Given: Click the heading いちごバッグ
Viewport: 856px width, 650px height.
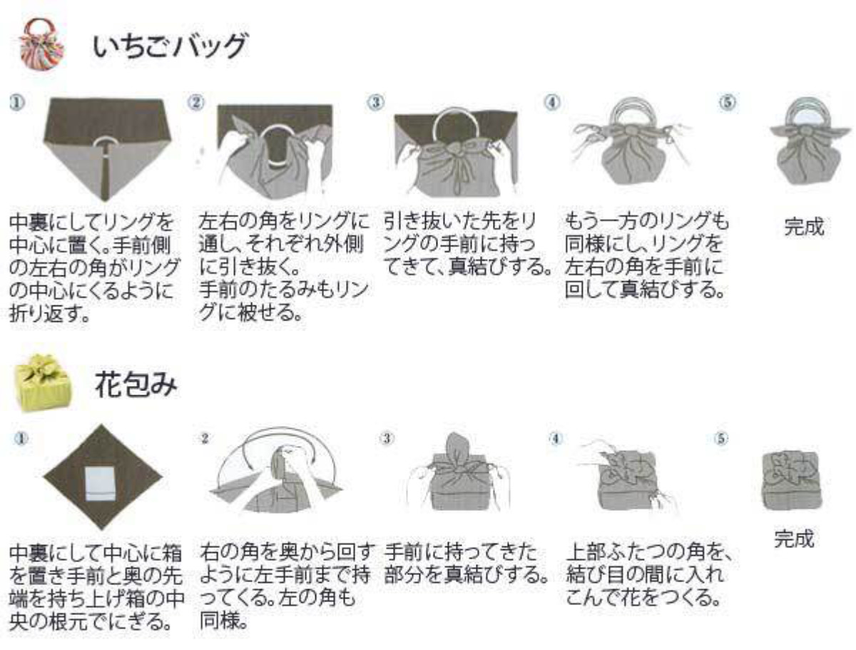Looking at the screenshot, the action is click(170, 46).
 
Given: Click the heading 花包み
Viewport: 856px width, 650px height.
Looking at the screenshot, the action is click(136, 384).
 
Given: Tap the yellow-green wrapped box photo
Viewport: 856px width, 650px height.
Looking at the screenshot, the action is click(41, 382).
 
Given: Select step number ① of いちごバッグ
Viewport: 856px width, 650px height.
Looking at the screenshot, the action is click(18, 103).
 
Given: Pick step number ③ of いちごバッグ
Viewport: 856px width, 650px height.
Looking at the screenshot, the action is click(375, 102).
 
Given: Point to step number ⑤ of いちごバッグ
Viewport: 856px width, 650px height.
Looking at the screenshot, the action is click(728, 103).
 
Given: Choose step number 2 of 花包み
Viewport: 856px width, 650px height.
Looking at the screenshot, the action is click(205, 439).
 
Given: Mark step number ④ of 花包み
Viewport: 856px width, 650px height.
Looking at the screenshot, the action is click(556, 439).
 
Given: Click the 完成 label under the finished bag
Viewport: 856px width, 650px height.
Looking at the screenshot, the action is click(804, 226).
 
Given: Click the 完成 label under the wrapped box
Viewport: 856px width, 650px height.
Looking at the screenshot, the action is click(795, 539).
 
